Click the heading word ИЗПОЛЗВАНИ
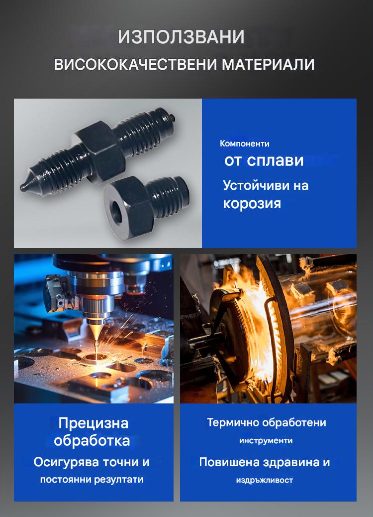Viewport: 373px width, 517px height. coord(181,37)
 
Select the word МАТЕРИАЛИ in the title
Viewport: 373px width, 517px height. coord(268,64)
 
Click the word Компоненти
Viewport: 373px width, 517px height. coord(245,144)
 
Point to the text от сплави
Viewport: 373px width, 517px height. coord(264,160)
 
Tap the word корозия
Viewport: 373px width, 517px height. coord(252,203)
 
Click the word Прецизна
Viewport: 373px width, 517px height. coord(93,423)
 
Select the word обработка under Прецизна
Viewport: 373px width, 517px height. coord(92,441)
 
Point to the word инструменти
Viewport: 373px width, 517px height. coord(266,441)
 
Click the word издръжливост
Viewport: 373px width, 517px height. coord(265,480)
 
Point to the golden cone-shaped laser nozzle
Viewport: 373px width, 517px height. coord(95,331)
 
